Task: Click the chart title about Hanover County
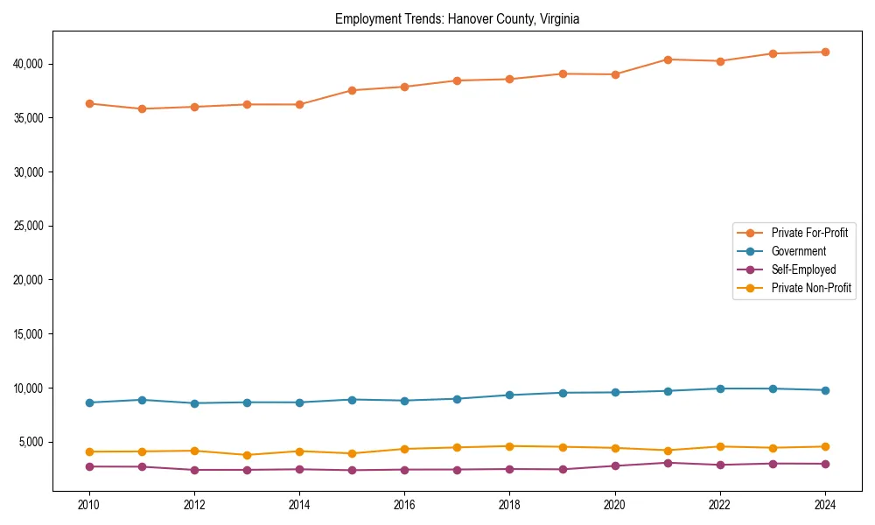457,18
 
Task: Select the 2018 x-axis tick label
509,505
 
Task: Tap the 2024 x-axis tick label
825,505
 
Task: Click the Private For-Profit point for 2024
825,52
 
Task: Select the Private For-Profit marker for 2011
142,108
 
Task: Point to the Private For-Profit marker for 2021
668,59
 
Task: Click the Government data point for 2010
89,402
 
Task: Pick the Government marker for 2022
720,388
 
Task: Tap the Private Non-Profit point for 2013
247,455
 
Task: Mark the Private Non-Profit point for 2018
509,446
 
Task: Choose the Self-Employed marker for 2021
668,463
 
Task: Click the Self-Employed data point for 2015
352,470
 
